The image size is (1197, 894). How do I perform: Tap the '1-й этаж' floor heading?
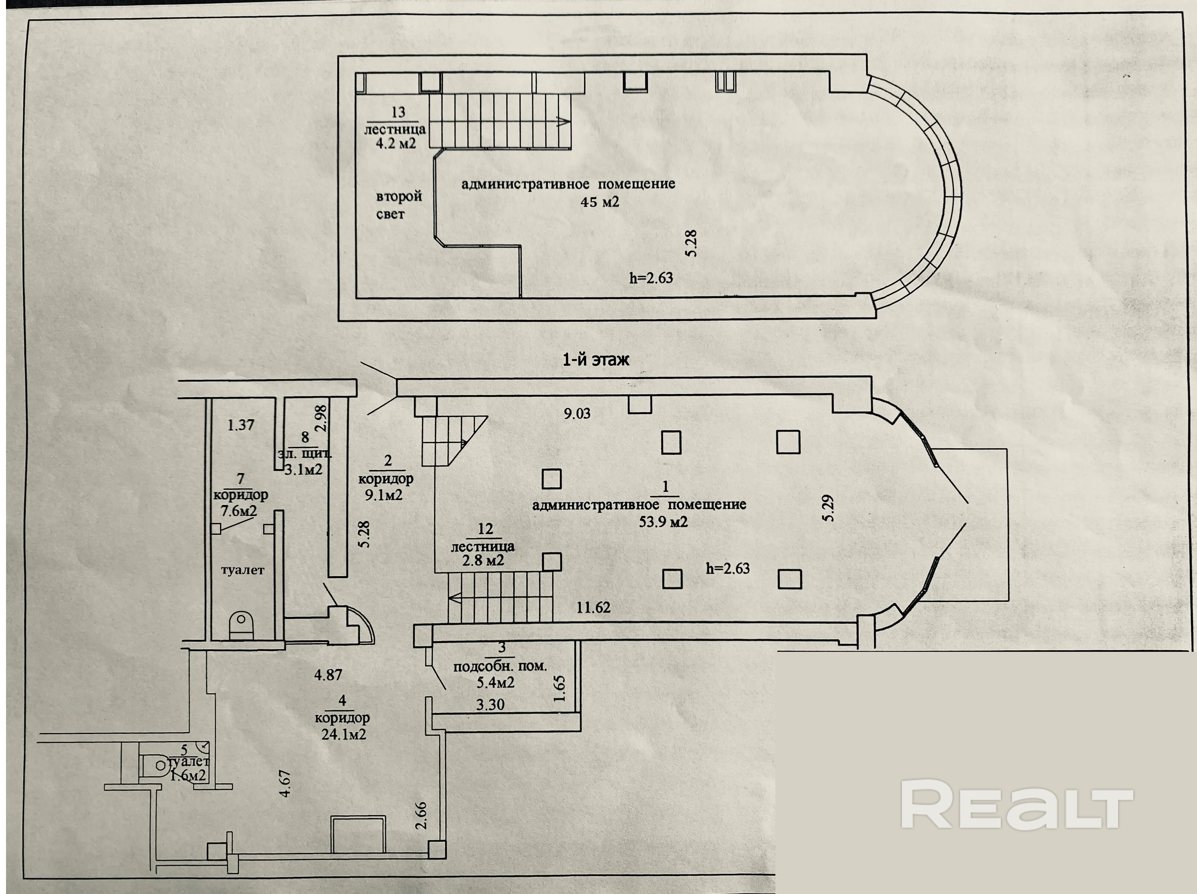tap(596, 360)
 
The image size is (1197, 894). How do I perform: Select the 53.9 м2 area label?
tap(663, 522)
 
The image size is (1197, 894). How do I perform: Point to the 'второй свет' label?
tap(398, 205)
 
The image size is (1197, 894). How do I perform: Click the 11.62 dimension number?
tap(593, 607)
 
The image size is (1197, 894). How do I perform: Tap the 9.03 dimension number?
tap(577, 414)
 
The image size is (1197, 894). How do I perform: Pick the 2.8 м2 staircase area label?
tap(483, 560)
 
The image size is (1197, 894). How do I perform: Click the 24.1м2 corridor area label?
tap(343, 734)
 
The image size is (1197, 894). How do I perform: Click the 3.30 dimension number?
tap(490, 705)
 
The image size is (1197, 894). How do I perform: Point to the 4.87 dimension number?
tap(328, 674)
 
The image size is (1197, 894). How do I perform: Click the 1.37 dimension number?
tap(241, 425)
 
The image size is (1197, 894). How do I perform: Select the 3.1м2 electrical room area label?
tap(304, 469)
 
